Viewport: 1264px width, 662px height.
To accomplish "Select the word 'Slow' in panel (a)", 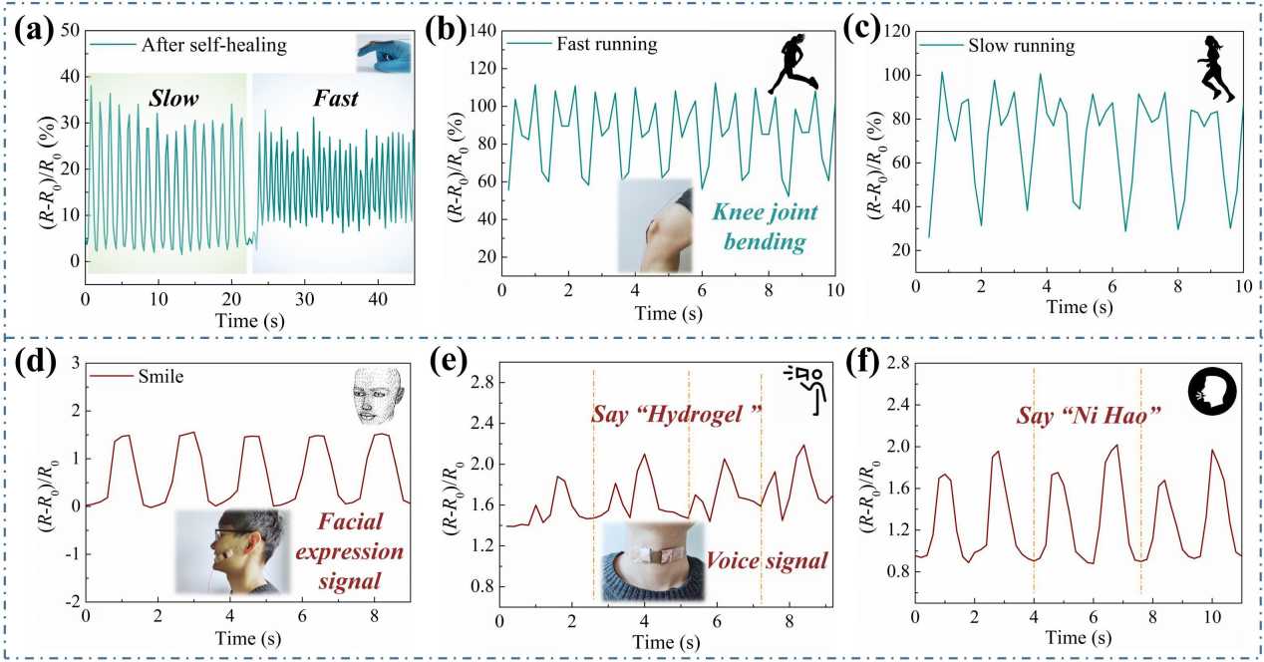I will pyautogui.click(x=174, y=99).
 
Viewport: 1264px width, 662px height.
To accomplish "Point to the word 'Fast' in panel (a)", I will pyautogui.click(x=336, y=99).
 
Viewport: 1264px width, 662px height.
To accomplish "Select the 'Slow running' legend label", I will pyautogui.click(x=1021, y=46).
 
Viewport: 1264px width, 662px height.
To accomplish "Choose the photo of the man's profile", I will pyautogui.click(x=231, y=552).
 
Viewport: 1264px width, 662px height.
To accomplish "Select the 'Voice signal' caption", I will pyautogui.click(x=769, y=560).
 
